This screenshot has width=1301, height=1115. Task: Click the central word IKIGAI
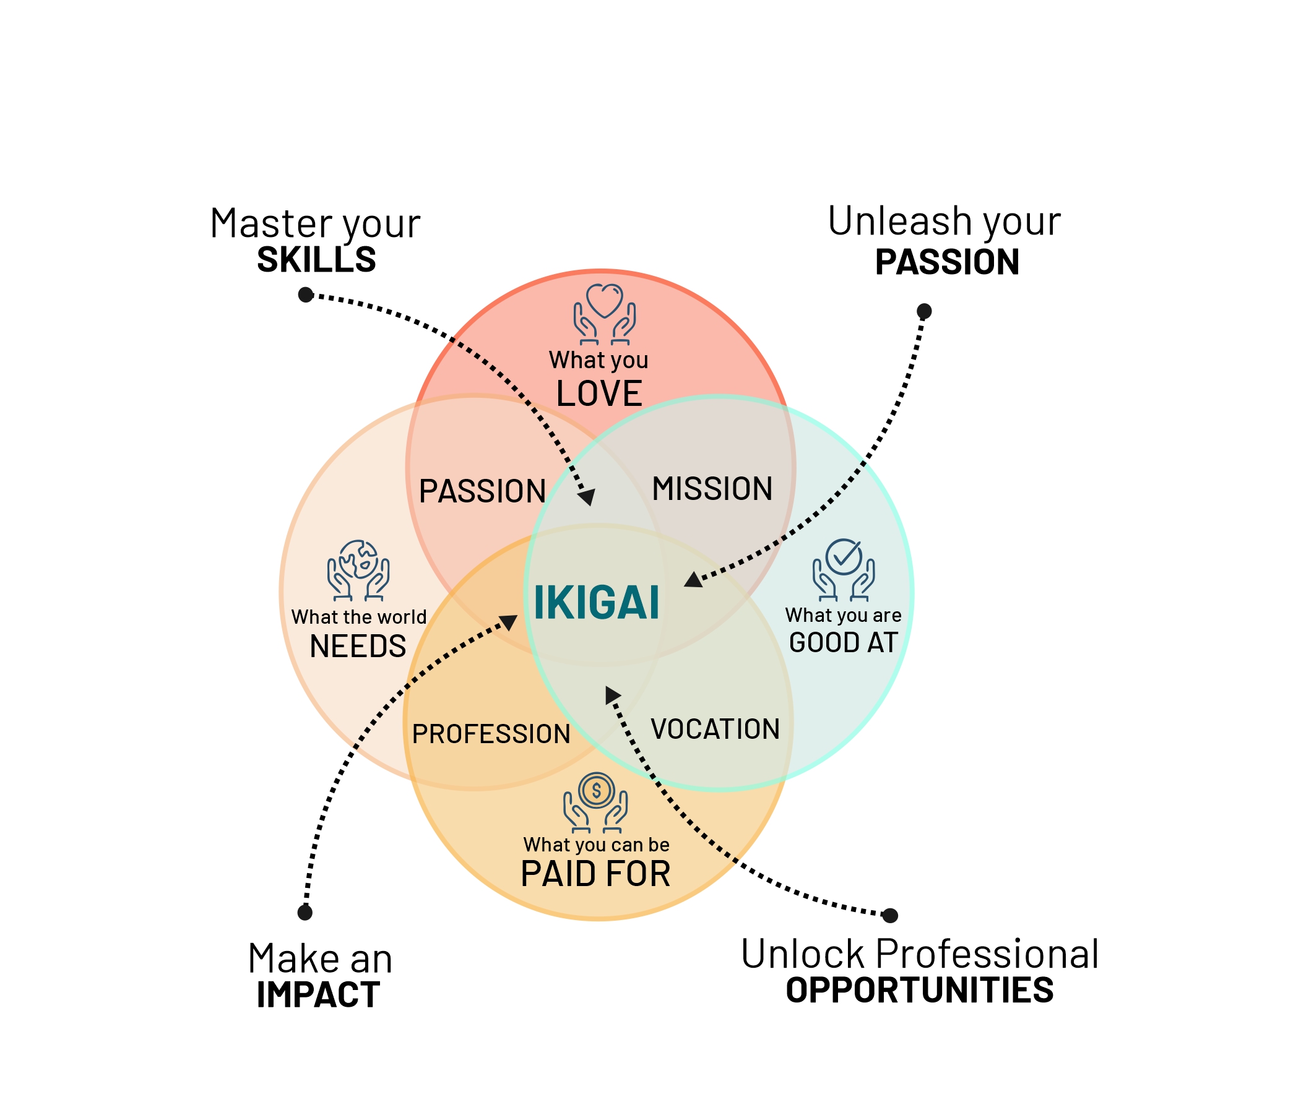tap(596, 603)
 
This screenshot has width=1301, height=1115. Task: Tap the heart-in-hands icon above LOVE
tap(604, 314)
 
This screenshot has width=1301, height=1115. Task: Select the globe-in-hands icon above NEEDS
tap(358, 570)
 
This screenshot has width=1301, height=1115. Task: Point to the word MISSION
tap(712, 489)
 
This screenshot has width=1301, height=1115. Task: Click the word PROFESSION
tap(491, 734)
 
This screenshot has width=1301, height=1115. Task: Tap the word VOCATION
tap(715, 730)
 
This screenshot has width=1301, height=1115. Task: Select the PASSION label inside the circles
tap(482, 491)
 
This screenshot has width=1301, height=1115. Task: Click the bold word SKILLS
tap(316, 260)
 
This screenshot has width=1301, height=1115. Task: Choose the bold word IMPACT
tap(318, 995)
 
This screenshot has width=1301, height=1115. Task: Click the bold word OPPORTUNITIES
tap(919, 990)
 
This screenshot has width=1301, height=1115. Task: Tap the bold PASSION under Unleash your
tap(947, 262)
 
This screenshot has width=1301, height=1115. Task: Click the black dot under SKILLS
tap(306, 295)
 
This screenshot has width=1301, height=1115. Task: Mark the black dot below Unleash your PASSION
tap(923, 311)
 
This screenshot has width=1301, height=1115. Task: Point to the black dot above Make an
tap(305, 912)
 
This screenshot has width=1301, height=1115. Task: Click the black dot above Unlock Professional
tap(890, 915)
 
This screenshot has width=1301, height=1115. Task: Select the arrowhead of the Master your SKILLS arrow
tap(587, 497)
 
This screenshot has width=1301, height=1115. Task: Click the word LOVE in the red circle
tap(599, 394)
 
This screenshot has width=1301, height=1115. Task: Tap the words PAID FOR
tap(596, 874)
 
